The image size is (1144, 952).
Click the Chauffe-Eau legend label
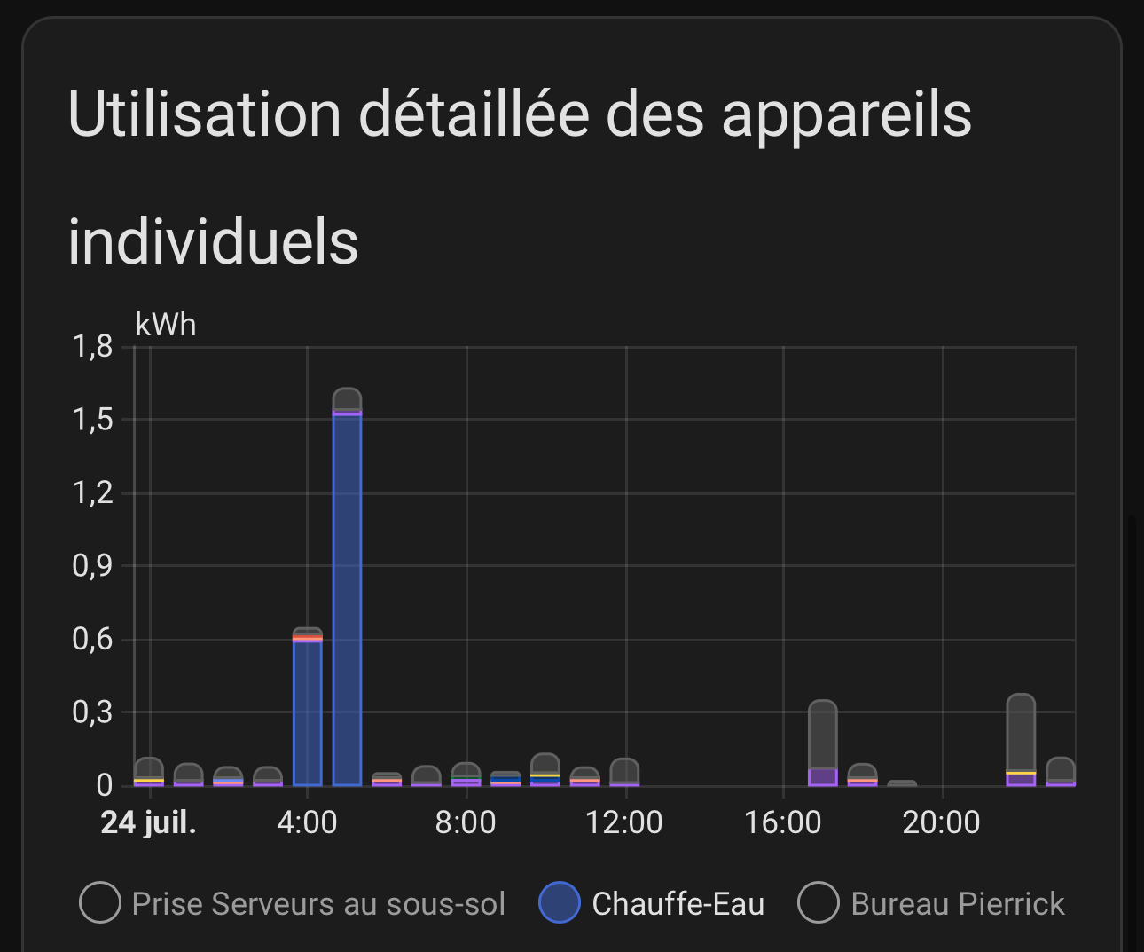pyautogui.click(x=678, y=904)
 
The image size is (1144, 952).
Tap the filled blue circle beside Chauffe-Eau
pyautogui.click(x=560, y=903)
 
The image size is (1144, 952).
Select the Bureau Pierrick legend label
pyautogui.click(x=957, y=904)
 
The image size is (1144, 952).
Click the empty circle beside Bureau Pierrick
pyautogui.click(x=818, y=903)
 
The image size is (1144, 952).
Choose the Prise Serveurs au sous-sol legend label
pyautogui.click(x=318, y=904)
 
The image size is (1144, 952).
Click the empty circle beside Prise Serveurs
pyautogui.click(x=100, y=903)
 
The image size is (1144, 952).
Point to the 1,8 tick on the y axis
pyautogui.click(x=93, y=346)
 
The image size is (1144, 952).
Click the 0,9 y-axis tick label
pyautogui.click(x=93, y=565)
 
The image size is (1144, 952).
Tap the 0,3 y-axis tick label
pyautogui.click(x=93, y=712)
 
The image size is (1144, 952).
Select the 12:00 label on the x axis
pyautogui.click(x=623, y=822)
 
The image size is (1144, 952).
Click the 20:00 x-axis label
pyautogui.click(x=941, y=822)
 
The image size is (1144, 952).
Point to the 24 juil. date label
pyautogui.click(x=149, y=822)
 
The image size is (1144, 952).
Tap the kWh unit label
pyautogui.click(x=166, y=325)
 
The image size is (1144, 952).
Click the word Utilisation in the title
pyautogui.click(x=204, y=114)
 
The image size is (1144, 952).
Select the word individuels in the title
pyautogui.click(x=213, y=241)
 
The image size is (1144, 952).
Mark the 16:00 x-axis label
pyautogui.click(x=782, y=822)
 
